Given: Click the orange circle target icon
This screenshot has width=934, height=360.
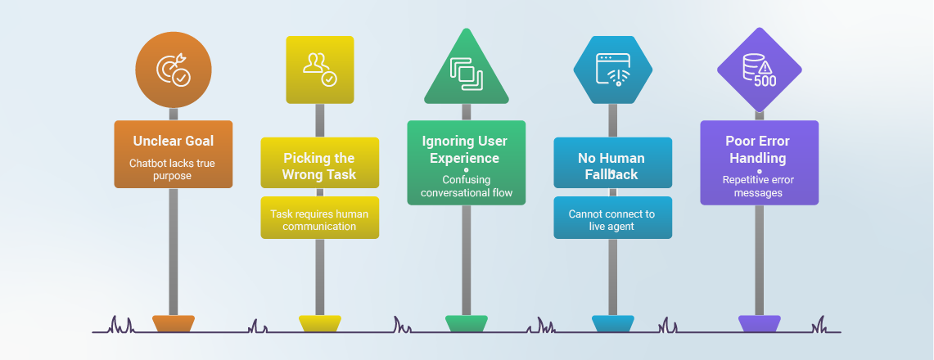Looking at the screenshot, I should pos(174,70).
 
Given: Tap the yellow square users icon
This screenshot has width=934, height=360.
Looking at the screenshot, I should pos(319,69).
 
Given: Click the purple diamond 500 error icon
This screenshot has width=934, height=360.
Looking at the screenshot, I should pos(759,70).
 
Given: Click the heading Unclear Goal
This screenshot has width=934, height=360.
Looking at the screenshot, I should pos(174,141).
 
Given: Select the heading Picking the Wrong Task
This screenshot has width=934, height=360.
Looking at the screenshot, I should pos(319,166).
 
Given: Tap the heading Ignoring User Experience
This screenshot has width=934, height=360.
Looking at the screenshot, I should pos(466,150).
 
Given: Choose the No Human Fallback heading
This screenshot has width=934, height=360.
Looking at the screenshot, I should pos(612,166).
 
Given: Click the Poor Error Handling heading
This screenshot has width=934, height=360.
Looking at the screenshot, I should pos(759,150).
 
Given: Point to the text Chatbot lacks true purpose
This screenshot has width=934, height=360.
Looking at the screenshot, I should pos(174,169).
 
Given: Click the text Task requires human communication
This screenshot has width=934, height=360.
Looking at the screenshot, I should pos(319,220).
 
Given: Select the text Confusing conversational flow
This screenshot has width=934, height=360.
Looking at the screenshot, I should pos(466,186).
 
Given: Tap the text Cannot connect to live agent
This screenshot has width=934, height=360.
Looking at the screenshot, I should pos(612,220).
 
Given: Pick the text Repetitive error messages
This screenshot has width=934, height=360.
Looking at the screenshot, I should pos(759,186).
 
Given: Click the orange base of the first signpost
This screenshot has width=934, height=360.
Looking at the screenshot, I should pos(174,324).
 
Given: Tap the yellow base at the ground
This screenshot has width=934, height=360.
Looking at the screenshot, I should pos(319,324).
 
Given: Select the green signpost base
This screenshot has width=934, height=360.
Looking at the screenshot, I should pos(466,324).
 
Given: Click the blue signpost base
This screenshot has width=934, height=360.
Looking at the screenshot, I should pos(612,324).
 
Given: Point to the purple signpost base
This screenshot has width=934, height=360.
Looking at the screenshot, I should pos(759,324).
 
